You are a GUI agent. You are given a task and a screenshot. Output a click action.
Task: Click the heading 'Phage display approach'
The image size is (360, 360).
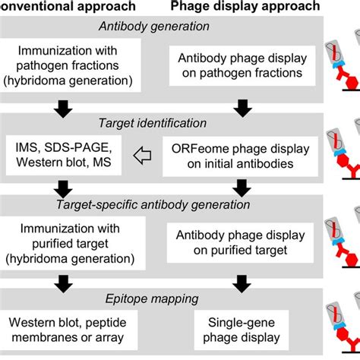coord(245,7)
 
